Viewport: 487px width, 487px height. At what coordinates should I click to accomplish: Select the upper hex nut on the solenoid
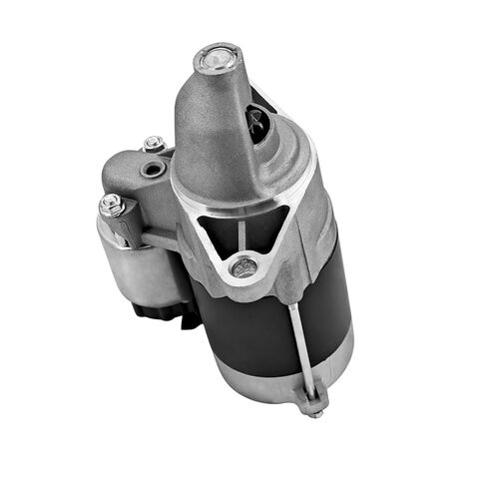153,144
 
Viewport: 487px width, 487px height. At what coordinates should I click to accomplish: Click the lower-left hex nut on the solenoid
111,207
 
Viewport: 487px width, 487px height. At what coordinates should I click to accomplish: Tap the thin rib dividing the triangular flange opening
241,234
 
